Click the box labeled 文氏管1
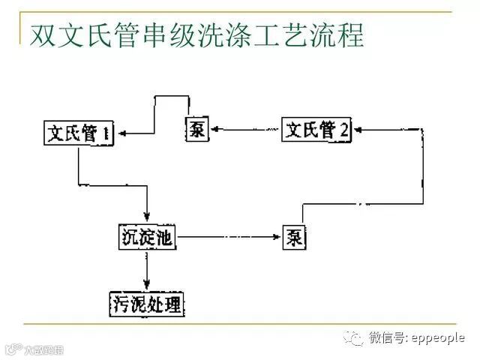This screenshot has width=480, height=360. pos(78,133)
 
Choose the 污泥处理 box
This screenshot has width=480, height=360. pos(147,304)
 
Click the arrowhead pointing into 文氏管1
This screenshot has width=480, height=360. pos(122,133)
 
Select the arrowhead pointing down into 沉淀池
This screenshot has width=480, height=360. pos(147,218)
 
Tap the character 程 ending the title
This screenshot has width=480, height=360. pos(349,35)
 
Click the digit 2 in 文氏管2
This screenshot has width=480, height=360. pos(344,130)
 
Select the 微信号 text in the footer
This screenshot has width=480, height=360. pos(385,338)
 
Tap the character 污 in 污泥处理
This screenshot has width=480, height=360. pos(120,304)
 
